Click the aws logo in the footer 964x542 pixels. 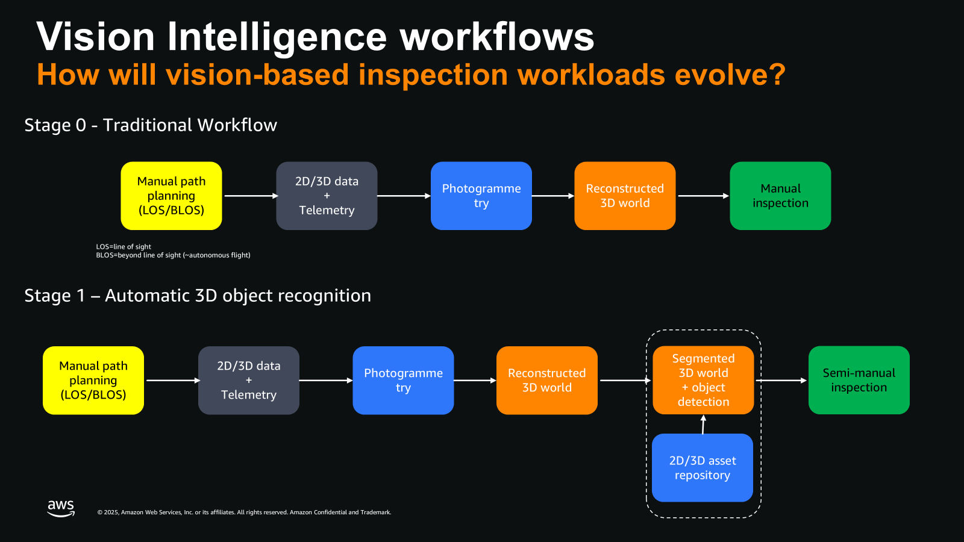click(x=61, y=508)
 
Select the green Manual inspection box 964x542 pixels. click(x=780, y=196)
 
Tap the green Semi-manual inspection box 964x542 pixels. click(x=859, y=380)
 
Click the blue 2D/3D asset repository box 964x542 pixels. click(x=703, y=468)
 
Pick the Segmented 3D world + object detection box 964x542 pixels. click(x=703, y=380)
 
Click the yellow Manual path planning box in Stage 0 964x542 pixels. click(x=171, y=196)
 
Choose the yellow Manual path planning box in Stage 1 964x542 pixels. click(x=93, y=380)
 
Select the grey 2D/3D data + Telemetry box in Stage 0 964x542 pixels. click(x=327, y=196)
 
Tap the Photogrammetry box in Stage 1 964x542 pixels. click(x=403, y=380)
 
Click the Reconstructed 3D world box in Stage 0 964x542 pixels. click(x=625, y=196)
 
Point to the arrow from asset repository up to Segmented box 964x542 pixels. click(x=703, y=425)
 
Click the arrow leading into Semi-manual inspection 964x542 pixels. click(x=781, y=381)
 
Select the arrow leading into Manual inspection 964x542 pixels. click(x=703, y=196)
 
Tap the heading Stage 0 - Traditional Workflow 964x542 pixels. click(x=151, y=125)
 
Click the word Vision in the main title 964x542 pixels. click(x=96, y=37)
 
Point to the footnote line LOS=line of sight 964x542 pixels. click(x=124, y=247)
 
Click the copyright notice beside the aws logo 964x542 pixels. click(x=244, y=512)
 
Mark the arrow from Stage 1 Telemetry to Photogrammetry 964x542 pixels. click(x=325, y=381)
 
